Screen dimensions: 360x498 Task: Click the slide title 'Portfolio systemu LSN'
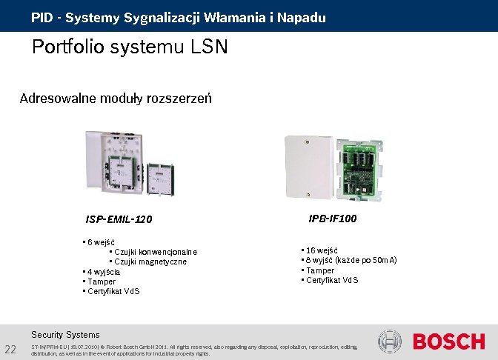130,48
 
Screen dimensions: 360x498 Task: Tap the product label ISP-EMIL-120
119,220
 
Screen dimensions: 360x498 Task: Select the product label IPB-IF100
333,219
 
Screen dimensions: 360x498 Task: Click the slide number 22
11,350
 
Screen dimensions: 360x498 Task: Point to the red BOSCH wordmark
448,342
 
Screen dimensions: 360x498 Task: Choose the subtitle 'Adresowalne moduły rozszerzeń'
116,99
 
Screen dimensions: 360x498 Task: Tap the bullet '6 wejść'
100,242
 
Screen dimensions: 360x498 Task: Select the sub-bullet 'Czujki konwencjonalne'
155,252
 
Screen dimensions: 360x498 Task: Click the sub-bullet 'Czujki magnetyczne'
150,261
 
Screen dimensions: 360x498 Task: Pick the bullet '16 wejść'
321,251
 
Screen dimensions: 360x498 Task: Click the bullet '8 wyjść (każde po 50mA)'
351,261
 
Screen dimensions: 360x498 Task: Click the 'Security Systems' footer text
65,335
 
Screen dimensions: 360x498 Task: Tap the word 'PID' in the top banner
41,16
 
